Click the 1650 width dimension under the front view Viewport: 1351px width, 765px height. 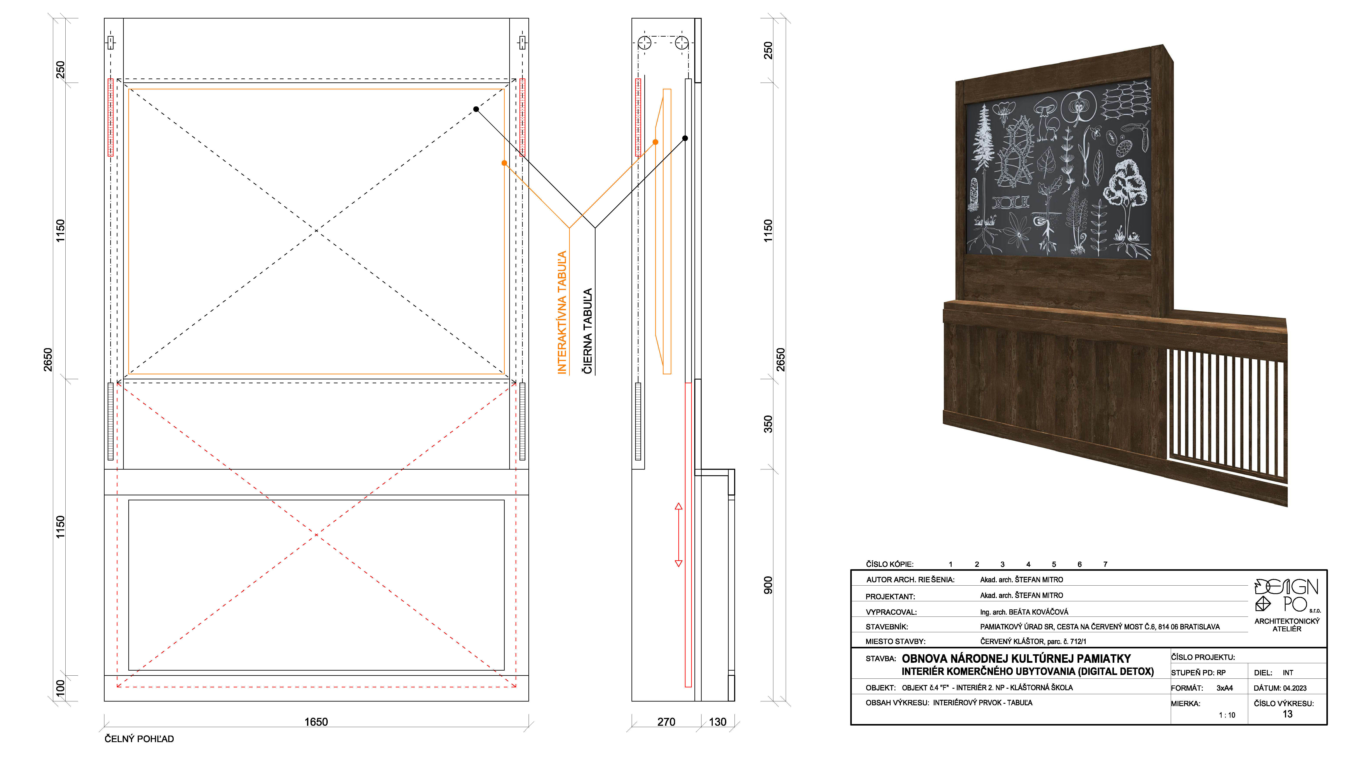(316, 722)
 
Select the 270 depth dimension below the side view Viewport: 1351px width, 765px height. (666, 722)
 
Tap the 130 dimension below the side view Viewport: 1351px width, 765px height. (718, 722)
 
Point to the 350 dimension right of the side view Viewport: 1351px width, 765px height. (768, 424)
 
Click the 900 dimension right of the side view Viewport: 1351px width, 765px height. (768, 585)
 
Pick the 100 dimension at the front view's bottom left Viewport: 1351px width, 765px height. (60, 688)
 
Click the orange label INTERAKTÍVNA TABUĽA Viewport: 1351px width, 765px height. (562, 313)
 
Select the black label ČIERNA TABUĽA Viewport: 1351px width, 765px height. (588, 331)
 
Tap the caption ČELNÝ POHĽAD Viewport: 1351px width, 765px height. (139, 739)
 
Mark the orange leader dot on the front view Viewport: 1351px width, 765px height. (504, 163)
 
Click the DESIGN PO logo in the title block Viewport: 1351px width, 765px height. (1287, 595)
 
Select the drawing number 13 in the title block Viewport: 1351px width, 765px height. (1287, 714)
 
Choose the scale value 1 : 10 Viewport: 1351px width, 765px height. (1227, 715)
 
